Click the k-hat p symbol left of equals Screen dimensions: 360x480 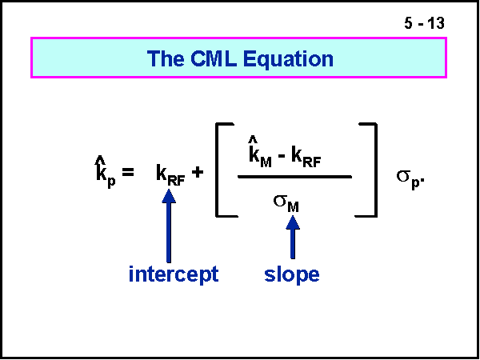(102, 174)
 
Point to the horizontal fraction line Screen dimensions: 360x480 (294, 176)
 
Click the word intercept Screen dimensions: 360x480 (174, 274)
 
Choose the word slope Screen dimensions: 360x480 (292, 274)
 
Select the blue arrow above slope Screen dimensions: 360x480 (293, 237)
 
